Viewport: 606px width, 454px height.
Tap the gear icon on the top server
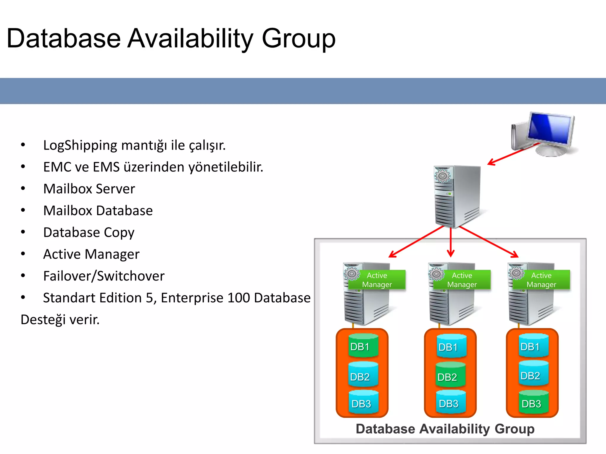442,176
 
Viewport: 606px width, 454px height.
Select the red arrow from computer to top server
513,154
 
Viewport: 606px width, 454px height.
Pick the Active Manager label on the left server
377,280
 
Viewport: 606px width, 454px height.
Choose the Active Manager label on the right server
541,280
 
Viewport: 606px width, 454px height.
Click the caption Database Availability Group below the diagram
445,429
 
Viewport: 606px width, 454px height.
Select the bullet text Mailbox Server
89,189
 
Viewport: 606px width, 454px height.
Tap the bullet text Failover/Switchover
104,276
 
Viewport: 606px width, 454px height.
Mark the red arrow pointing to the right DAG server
488,241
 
